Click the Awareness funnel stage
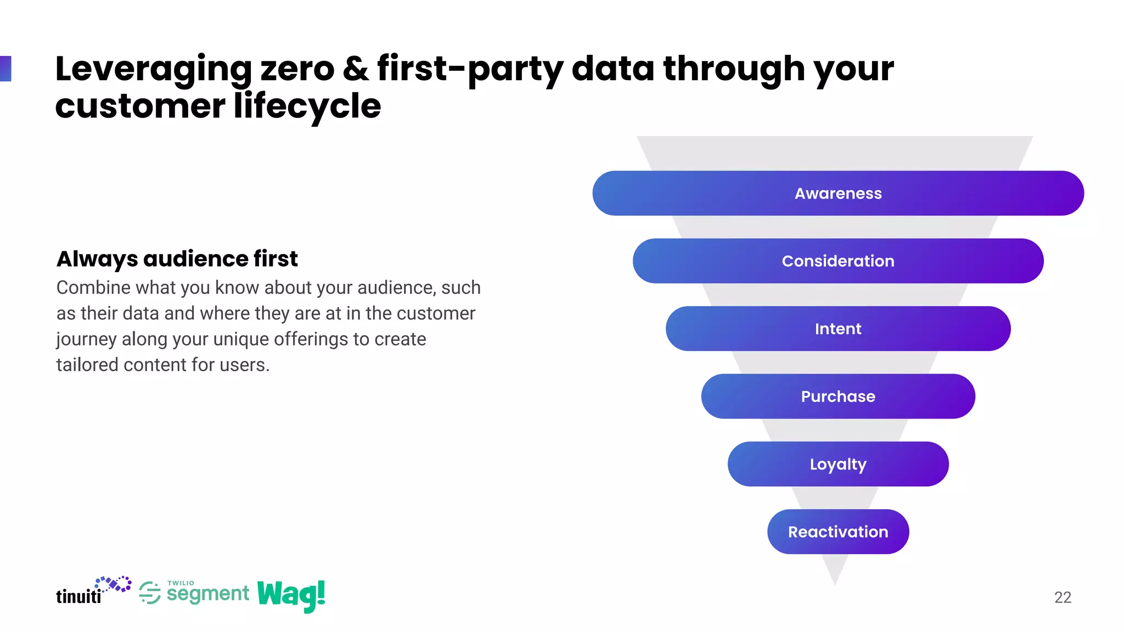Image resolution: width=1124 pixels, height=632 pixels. coord(838,193)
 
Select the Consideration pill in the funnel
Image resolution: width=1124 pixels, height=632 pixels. coord(838,261)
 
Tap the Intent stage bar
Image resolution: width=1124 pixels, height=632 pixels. coord(838,329)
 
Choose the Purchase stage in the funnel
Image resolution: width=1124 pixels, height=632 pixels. coord(838,396)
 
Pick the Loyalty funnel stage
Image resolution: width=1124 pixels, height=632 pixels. coord(838,464)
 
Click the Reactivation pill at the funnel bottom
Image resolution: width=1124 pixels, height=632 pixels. coord(838,532)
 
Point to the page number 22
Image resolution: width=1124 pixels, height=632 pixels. coord(1063,597)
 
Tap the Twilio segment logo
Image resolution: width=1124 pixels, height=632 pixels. coord(194,592)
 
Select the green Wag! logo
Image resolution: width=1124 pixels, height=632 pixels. coord(291,595)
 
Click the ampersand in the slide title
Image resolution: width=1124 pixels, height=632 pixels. coord(356,69)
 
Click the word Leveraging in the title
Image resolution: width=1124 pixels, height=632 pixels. coord(153,70)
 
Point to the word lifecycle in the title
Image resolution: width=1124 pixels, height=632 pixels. coord(307,106)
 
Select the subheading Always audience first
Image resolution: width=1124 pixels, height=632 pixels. coord(177,259)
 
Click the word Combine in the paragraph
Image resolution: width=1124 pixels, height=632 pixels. coord(93,287)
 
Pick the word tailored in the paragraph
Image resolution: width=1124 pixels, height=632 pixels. coord(87,365)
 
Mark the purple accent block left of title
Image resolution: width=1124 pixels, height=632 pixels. coord(5,69)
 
